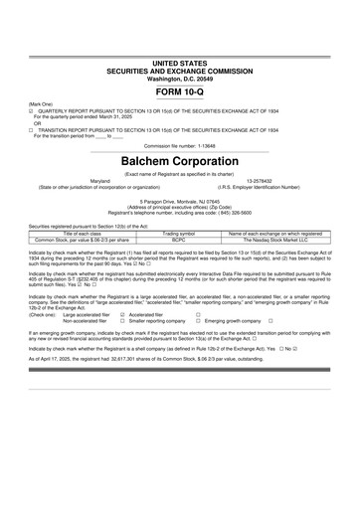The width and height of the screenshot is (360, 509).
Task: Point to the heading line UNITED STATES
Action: coord(179,63)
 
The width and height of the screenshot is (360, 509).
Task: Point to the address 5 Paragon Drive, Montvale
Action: coord(179,200)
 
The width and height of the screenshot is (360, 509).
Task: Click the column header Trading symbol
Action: coord(179,233)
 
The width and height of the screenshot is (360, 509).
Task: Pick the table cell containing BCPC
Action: coord(179,240)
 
